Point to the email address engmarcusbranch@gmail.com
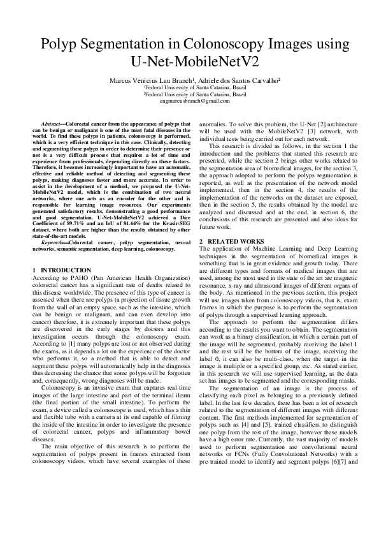tap(189, 101)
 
